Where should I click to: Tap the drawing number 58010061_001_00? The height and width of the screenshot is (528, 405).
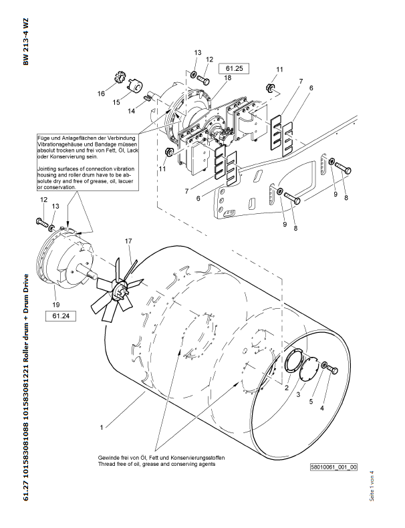(333, 468)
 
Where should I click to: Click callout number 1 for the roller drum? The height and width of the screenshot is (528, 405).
(102, 426)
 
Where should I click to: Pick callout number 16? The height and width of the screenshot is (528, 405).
(102, 94)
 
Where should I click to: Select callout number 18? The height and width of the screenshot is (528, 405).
(228, 78)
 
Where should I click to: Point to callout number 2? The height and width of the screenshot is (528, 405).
(285, 387)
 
